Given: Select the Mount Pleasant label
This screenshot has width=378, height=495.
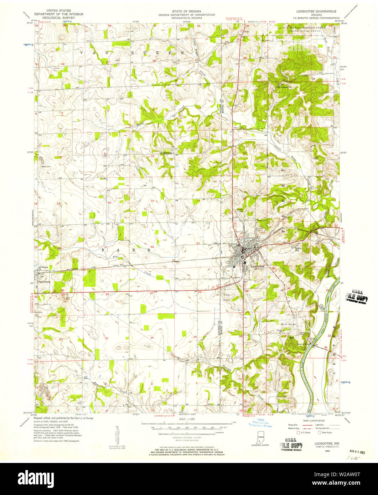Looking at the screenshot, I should point(288,324).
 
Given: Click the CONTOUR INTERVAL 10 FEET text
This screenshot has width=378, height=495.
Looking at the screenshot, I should point(187,437).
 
